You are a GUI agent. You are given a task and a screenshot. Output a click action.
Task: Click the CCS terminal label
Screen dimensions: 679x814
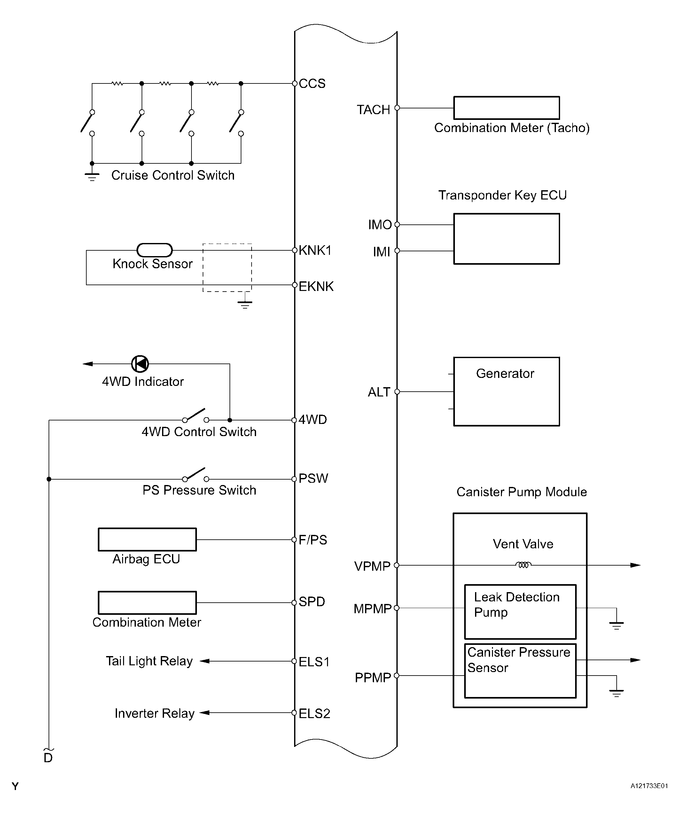[x=312, y=84]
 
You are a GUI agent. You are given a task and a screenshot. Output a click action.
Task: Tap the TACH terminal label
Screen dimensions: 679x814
[x=373, y=110]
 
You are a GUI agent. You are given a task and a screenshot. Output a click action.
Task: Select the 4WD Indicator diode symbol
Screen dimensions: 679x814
[x=140, y=364]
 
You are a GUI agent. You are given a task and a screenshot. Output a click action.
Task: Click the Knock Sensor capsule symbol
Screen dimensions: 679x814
[x=155, y=250]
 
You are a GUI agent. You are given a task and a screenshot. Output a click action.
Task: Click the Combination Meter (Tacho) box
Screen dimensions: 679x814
[x=507, y=108]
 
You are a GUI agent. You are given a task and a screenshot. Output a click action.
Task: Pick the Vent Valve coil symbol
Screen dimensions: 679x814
[x=523, y=565]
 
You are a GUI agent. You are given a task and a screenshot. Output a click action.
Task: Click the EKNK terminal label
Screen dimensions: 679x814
[x=316, y=286]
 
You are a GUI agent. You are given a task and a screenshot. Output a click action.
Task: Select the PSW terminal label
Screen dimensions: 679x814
[x=313, y=478]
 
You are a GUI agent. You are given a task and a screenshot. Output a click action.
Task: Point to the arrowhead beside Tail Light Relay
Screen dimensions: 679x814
[x=205, y=661]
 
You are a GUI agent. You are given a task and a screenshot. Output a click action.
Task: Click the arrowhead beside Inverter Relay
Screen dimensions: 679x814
[x=205, y=712]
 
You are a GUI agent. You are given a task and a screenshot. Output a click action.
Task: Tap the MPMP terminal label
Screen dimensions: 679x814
[x=372, y=608]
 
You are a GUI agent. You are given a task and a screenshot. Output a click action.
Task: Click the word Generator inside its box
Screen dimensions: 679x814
[x=505, y=373]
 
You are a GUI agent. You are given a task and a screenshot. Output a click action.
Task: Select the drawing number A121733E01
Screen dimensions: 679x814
[x=649, y=786]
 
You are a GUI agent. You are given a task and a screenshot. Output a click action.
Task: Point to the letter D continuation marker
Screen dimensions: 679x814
[x=48, y=758]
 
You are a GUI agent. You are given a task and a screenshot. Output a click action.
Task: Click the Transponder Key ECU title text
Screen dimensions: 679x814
[x=503, y=195]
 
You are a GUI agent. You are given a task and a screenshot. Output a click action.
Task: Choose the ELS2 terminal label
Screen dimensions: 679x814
[x=314, y=714]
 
